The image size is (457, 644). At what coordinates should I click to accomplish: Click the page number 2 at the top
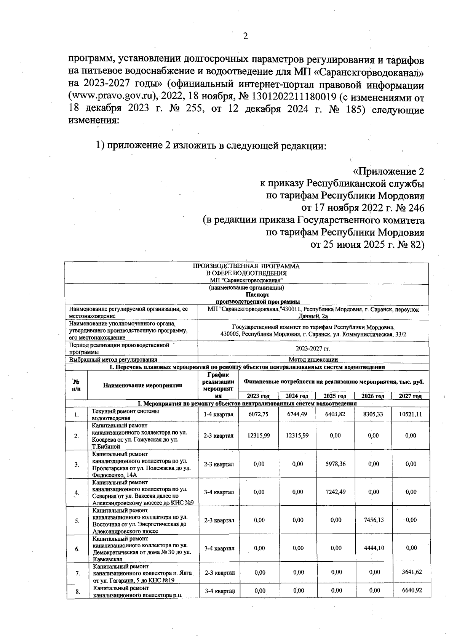tap(245, 36)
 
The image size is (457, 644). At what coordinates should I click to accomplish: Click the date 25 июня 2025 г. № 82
tap(367, 244)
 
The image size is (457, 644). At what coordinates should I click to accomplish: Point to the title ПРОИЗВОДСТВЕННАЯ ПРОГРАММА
tap(246, 266)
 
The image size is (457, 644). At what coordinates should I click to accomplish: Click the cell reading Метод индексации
tap(313, 359)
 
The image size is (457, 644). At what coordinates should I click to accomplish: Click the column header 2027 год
tap(410, 396)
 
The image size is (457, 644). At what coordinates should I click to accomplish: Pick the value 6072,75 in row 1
tap(259, 414)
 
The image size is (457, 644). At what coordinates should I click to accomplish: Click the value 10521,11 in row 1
tap(411, 414)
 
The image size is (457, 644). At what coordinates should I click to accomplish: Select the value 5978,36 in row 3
tap(336, 464)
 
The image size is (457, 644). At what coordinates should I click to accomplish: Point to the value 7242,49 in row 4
tap(336, 492)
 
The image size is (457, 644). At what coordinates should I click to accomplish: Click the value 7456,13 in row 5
tap(373, 520)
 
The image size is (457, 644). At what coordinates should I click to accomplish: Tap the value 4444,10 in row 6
tap(373, 548)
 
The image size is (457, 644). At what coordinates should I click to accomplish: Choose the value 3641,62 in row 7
tap(411, 572)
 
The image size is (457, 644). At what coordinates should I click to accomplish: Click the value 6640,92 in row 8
tap(411, 591)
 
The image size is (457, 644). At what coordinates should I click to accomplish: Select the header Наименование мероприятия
tap(142, 385)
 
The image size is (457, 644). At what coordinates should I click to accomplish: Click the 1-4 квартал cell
tap(218, 414)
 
